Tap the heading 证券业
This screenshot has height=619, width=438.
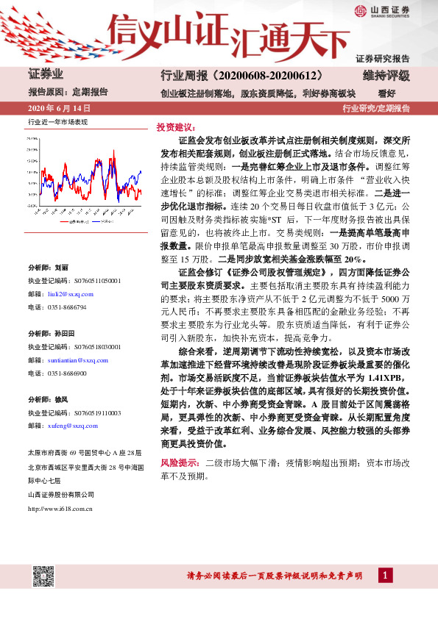[45, 74]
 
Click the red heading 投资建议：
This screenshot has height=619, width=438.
[175, 126]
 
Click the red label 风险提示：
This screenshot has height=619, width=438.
[177, 463]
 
